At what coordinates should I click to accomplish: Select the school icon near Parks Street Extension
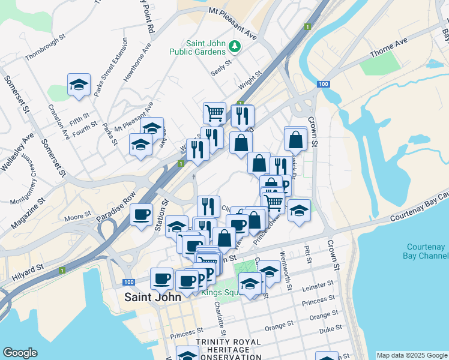(78, 85)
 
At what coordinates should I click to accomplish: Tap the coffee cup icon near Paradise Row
(142, 215)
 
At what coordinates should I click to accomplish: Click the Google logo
(20, 353)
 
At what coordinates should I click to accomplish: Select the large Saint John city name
(148, 298)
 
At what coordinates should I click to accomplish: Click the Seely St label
(220, 67)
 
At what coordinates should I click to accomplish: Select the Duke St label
(330, 329)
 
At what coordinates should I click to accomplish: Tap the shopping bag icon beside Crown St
(296, 139)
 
